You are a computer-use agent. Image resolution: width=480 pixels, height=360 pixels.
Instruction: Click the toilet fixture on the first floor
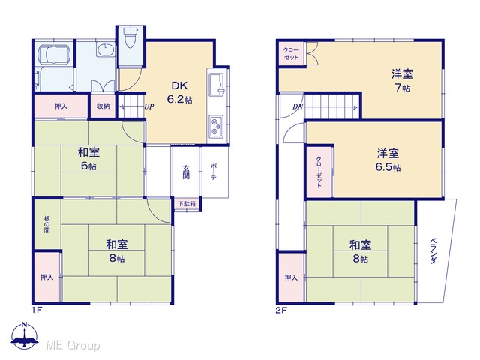pyautogui.click(x=130, y=37)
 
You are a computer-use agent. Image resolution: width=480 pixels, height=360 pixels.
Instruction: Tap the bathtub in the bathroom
pyautogui.click(x=54, y=55)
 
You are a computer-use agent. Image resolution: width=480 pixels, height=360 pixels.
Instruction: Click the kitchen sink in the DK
pyautogui.click(x=217, y=84)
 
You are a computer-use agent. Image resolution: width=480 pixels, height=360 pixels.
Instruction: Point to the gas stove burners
pyautogui.click(x=216, y=127)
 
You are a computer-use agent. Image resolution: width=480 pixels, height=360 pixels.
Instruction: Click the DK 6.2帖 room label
pyautogui.click(x=180, y=92)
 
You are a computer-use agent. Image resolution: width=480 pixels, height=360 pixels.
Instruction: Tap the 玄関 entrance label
pyautogui.click(x=186, y=172)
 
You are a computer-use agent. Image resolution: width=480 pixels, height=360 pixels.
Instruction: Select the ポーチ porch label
pyautogui.click(x=214, y=172)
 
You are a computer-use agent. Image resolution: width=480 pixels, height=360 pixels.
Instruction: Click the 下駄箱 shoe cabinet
pyautogui.click(x=187, y=204)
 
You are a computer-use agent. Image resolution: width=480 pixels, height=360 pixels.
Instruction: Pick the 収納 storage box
pyautogui.click(x=103, y=106)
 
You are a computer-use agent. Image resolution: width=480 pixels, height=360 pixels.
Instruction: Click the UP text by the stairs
pyautogui.click(x=149, y=106)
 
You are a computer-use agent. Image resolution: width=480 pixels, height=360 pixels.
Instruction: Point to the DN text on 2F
pyautogui.click(x=298, y=106)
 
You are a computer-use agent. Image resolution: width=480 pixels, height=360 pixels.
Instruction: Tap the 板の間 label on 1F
pyautogui.click(x=46, y=224)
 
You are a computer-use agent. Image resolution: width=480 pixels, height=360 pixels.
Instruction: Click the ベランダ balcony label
pyautogui.click(x=433, y=251)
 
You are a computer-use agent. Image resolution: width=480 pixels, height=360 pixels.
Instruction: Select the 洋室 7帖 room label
pyautogui.click(x=402, y=80)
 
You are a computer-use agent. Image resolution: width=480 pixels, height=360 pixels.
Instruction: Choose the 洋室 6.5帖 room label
pyautogui.click(x=388, y=160)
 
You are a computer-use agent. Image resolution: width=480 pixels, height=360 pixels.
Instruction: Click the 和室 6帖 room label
pyautogui.click(x=88, y=159)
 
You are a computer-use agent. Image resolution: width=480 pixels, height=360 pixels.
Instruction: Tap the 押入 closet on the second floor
pyautogui.click(x=291, y=277)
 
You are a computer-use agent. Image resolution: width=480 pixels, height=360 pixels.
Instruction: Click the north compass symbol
pyautogui.click(x=25, y=335)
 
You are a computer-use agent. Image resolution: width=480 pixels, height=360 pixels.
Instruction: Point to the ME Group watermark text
pyautogui.click(x=73, y=345)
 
